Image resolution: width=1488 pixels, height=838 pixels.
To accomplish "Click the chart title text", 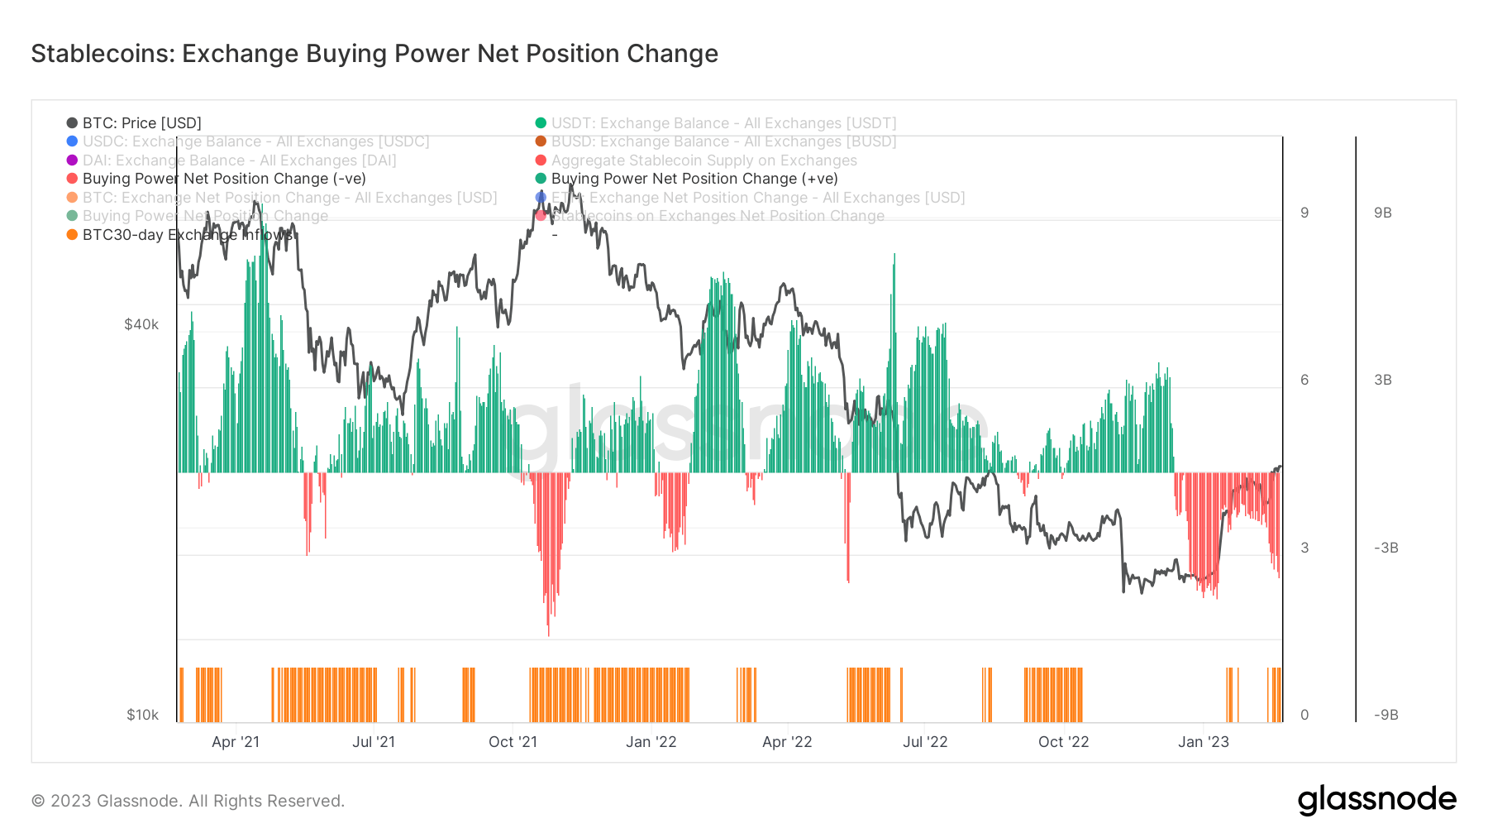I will click(x=374, y=54).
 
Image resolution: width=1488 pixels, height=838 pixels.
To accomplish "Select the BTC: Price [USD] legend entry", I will click(x=141, y=123).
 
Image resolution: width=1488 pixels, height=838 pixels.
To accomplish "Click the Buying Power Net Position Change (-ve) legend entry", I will click(x=223, y=179).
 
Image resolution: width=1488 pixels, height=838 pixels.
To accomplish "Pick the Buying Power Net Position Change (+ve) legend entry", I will click(x=694, y=179).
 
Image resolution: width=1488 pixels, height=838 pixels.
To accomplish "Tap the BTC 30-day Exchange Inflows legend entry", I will click(x=187, y=235).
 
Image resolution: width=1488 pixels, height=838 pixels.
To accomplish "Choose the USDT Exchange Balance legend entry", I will click(x=723, y=123).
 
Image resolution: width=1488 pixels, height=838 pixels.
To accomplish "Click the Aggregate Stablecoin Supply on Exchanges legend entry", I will click(x=703, y=160).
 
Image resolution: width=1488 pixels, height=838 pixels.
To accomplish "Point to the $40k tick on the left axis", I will click(x=141, y=324).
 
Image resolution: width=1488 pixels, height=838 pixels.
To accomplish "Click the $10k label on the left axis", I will click(x=142, y=715).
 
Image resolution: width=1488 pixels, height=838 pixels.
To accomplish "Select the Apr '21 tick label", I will click(x=236, y=742).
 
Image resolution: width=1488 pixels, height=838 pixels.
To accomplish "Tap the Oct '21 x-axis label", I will click(x=513, y=742).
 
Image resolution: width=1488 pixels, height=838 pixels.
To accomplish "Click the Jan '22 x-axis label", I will click(x=651, y=742).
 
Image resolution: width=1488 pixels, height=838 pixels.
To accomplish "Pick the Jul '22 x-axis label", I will click(x=925, y=742).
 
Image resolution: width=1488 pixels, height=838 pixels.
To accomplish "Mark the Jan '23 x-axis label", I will click(x=1203, y=742).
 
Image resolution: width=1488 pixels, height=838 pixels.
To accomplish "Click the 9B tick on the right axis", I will click(x=1383, y=213).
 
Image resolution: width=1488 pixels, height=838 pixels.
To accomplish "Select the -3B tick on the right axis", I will click(x=1385, y=548).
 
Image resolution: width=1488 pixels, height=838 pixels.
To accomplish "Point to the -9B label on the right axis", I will click(x=1385, y=715).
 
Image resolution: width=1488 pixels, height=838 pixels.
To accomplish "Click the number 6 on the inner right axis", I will click(x=1304, y=380).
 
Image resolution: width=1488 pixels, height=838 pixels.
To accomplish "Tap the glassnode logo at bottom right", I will click(x=1376, y=800).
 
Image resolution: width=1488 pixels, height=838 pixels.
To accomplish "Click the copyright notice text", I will click(x=188, y=801).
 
